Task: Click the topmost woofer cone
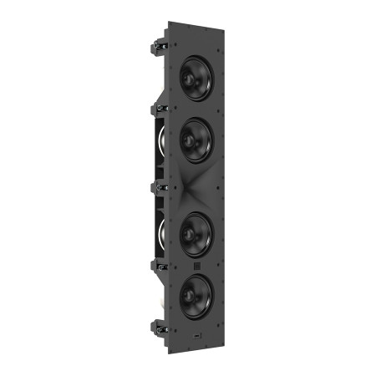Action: [x=196, y=78]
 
